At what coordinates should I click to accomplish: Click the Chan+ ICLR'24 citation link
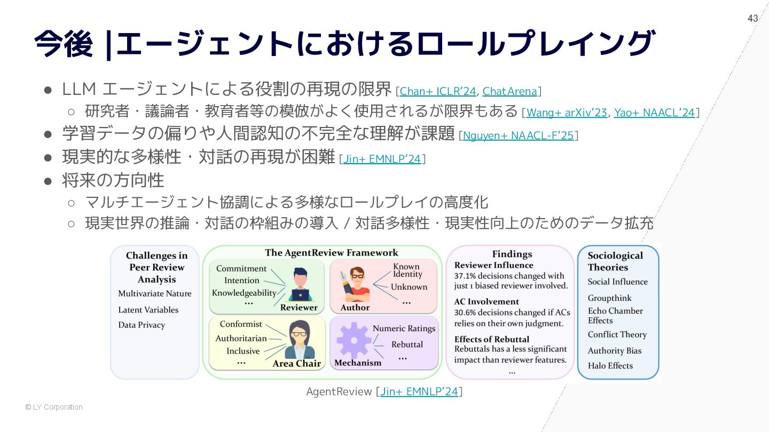(437, 91)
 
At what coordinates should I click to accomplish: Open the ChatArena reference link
(509, 91)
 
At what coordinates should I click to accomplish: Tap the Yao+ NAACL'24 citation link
(654, 113)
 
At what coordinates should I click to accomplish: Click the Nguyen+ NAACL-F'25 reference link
(518, 135)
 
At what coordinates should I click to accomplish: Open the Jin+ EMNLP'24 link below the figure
(419, 391)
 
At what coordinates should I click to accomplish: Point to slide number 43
(753, 19)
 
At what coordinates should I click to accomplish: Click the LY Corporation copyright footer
(54, 407)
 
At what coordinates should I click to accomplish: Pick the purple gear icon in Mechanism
(353, 340)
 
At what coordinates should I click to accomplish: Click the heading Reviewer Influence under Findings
(493, 265)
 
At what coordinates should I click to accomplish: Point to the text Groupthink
(609, 298)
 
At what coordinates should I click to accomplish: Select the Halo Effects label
(610, 366)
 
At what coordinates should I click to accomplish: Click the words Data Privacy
(142, 325)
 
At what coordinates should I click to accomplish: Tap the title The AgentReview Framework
(332, 253)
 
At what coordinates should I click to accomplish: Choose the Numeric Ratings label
(404, 329)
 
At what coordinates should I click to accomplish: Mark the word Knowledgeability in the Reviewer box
(244, 293)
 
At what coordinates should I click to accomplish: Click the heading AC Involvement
(486, 302)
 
